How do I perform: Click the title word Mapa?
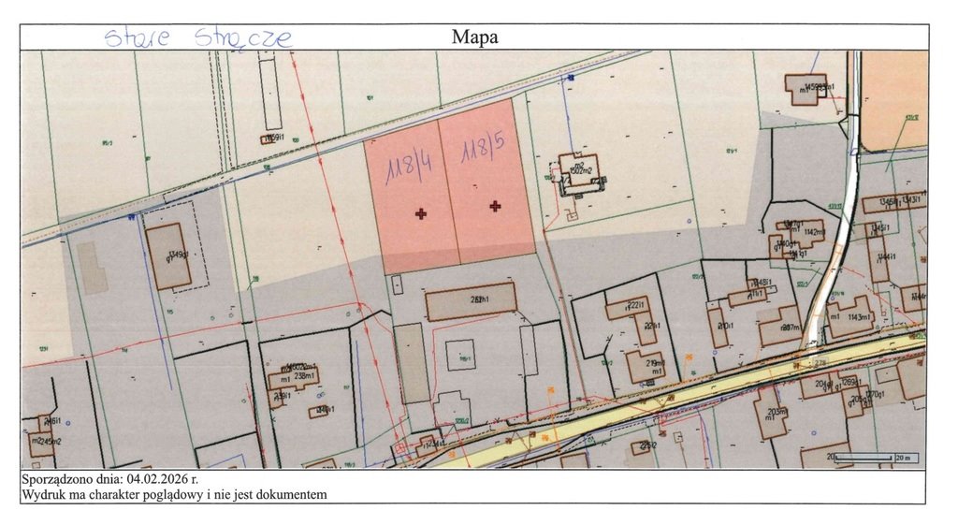(474, 37)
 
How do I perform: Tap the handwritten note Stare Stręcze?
(197, 38)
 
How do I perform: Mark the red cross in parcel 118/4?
(421, 214)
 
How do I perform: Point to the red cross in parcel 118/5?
(495, 206)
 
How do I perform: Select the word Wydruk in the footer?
(43, 494)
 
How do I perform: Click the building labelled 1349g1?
(170, 255)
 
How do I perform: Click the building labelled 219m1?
(646, 366)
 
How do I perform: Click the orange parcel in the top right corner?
(894, 100)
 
